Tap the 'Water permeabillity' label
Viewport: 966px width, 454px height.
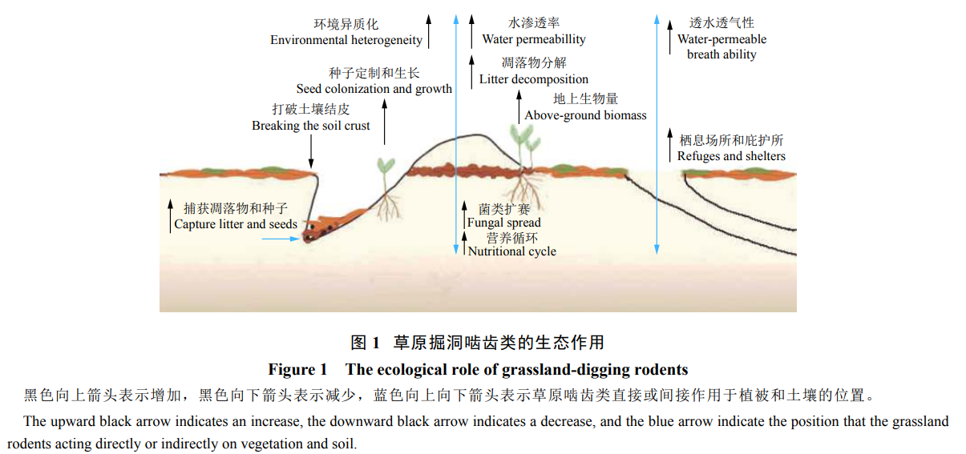point(534,39)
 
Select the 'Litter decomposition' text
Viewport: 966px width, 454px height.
point(534,79)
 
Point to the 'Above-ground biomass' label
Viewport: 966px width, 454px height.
point(585,115)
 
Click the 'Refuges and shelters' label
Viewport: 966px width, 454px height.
point(731,156)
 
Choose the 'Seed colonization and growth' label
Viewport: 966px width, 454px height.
point(374,89)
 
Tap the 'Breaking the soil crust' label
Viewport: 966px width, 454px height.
point(311,126)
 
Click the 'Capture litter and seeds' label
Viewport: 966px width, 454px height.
point(236,224)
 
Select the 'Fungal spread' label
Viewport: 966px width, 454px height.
point(504,223)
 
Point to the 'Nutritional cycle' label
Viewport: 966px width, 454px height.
point(512,251)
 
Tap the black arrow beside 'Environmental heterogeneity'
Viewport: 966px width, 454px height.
point(429,30)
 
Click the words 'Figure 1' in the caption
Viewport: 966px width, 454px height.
point(297,369)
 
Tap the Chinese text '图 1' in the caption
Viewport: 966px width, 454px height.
point(365,343)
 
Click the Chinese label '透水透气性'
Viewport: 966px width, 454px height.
point(721,23)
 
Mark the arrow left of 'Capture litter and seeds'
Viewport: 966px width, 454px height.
point(169,215)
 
